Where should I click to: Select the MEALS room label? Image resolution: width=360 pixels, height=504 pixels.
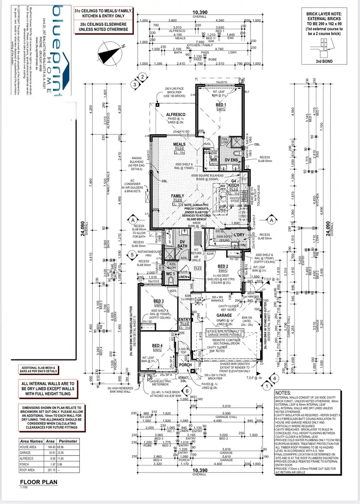point(180,145)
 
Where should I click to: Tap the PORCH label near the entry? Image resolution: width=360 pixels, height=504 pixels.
point(185,365)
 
